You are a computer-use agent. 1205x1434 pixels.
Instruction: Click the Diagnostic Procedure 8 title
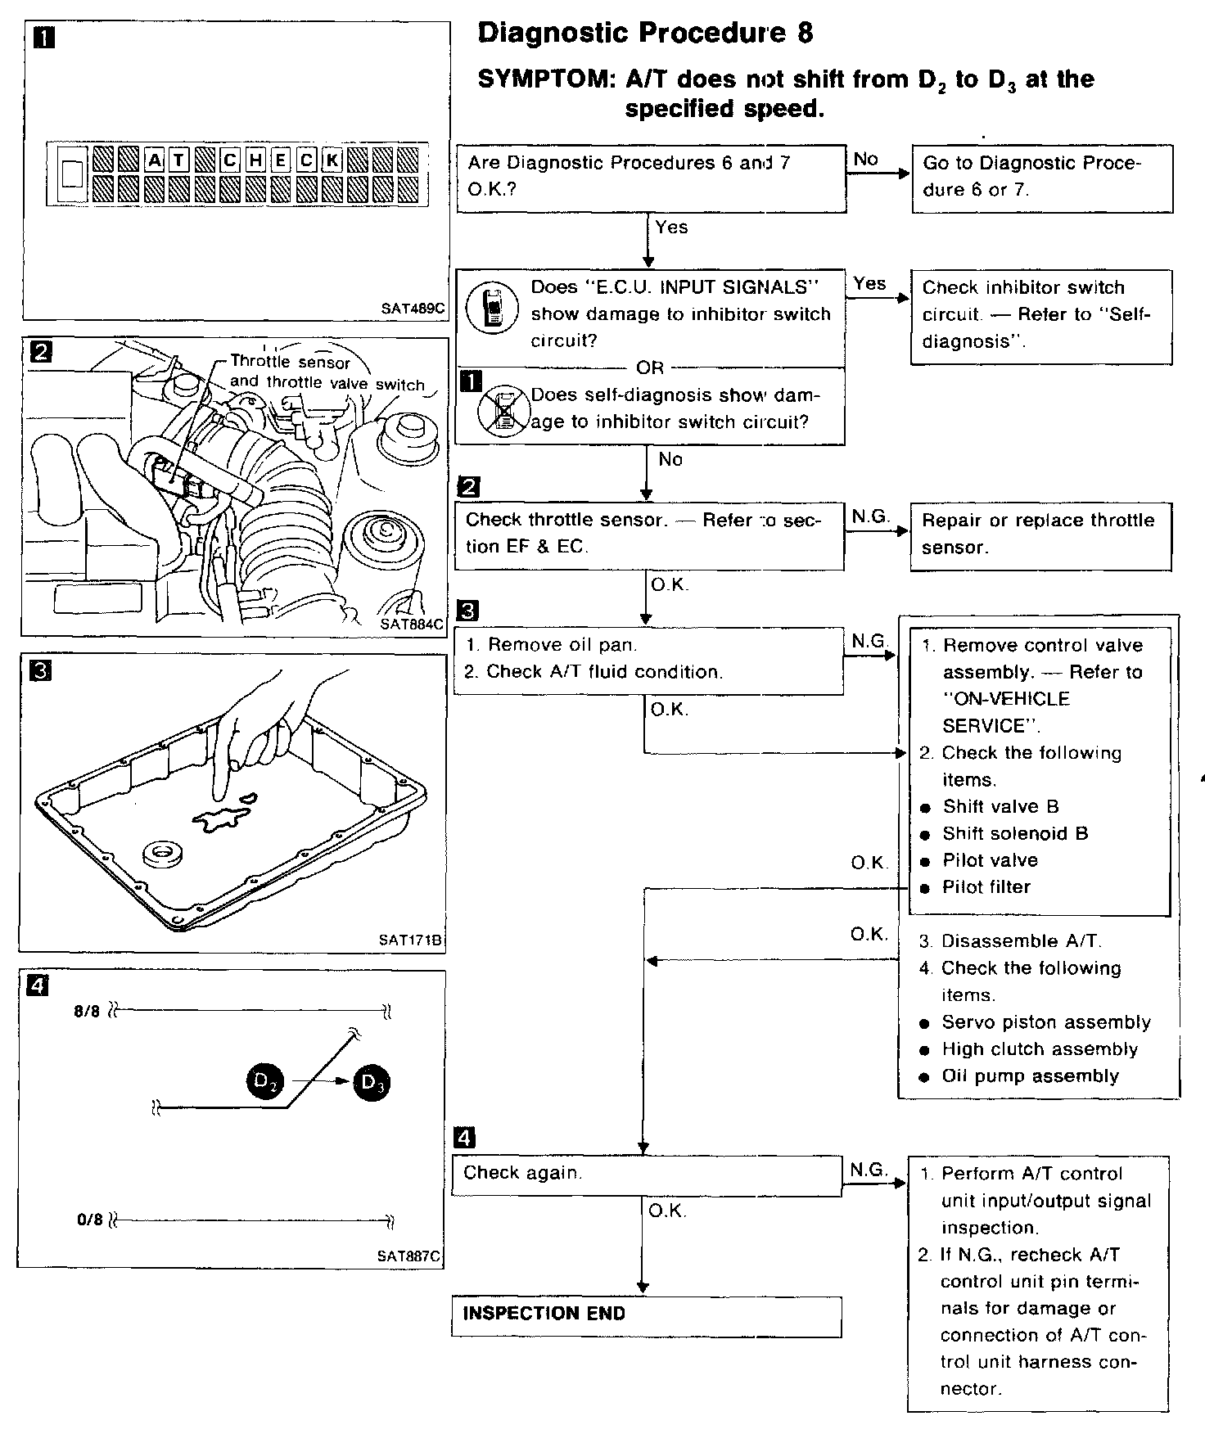(x=645, y=33)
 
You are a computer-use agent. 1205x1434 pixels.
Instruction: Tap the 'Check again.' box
(x=647, y=1175)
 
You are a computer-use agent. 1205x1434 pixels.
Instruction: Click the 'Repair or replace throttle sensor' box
(x=1040, y=534)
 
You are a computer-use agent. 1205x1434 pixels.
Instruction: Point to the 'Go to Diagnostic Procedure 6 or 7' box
(x=1041, y=178)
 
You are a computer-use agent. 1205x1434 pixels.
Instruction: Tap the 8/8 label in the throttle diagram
(x=86, y=1011)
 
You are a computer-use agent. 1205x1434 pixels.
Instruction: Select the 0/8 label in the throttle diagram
(x=89, y=1220)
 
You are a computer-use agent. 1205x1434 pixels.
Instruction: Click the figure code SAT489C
(x=413, y=309)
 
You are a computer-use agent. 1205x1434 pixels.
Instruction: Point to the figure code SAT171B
(x=410, y=940)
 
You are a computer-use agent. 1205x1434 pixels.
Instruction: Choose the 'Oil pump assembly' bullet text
(x=1030, y=1076)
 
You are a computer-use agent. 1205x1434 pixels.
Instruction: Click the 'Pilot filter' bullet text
(x=986, y=886)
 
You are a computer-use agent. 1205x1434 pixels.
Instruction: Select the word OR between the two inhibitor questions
(x=650, y=368)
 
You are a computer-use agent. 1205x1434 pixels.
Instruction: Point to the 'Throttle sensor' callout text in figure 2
(x=290, y=362)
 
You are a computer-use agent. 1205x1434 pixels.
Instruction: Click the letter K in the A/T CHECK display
(x=332, y=160)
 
